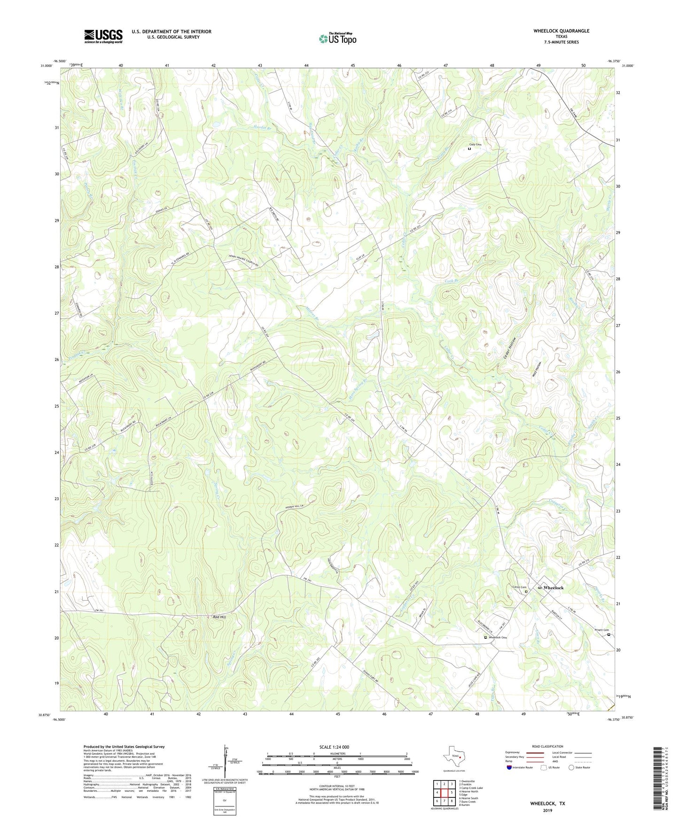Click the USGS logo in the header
pyautogui.click(x=103, y=36)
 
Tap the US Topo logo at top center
pyautogui.click(x=337, y=39)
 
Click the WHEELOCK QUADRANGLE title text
pyautogui.click(x=561, y=31)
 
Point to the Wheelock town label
pyautogui.click(x=553, y=588)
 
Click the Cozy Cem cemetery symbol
pyautogui.click(x=469, y=149)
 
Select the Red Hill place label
pyautogui.click(x=220, y=617)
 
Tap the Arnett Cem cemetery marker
pyautogui.click(x=609, y=634)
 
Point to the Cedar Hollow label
pyautogui.click(x=510, y=348)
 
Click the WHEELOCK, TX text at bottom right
pyautogui.click(x=547, y=804)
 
